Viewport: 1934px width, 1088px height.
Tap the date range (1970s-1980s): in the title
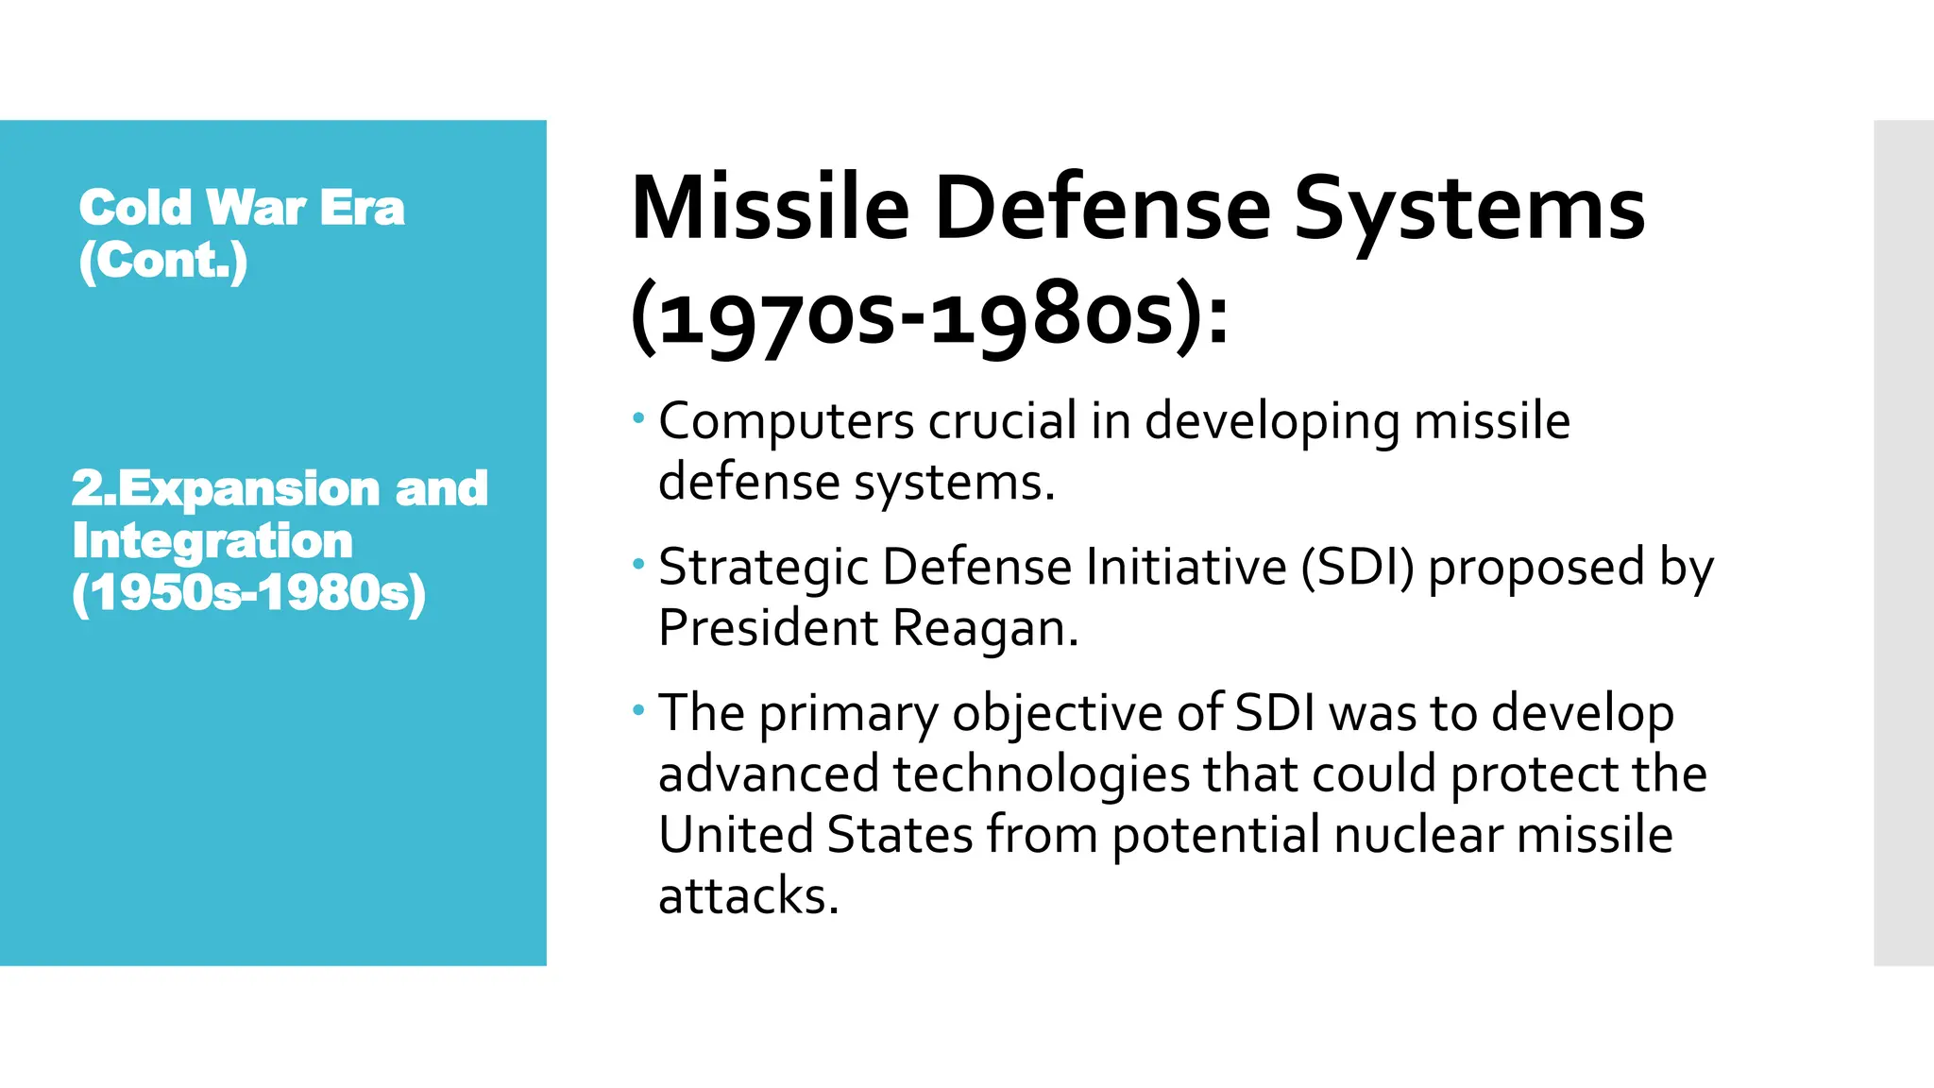pos(930,317)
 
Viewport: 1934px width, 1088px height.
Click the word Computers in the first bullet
pos(786,422)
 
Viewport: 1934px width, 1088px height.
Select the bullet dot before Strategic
pos(639,564)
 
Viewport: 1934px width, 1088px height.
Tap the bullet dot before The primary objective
pos(639,709)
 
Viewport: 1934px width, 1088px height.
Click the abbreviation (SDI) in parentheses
pos(1358,568)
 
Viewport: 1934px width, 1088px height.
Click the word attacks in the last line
pos(748,895)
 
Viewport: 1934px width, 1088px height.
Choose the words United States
pos(815,835)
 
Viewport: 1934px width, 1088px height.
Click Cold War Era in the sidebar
pos(242,208)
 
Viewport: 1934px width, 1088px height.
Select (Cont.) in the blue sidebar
pos(163,261)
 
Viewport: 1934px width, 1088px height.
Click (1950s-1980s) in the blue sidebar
pos(249,593)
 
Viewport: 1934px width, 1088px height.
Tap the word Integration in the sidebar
pos(212,541)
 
